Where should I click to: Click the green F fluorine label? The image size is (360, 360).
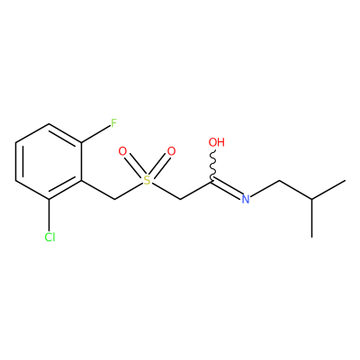point(113,123)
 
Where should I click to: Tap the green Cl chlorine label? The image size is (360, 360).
point(49,238)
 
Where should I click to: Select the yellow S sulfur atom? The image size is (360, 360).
point(147,180)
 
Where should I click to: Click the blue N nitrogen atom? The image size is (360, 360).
point(246,199)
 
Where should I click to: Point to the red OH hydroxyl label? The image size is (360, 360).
point(217,142)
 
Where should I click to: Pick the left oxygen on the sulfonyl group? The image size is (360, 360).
point(122,151)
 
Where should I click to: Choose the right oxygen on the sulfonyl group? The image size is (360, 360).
point(171,151)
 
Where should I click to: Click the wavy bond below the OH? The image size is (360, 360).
point(214,165)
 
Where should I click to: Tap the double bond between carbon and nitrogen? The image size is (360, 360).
point(227,188)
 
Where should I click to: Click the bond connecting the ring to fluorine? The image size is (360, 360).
point(95,134)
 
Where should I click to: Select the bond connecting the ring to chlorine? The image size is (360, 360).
point(49,215)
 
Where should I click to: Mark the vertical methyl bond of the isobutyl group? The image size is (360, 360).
point(312,218)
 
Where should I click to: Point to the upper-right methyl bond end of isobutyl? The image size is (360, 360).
point(345,180)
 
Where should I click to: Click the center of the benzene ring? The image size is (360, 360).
point(49,161)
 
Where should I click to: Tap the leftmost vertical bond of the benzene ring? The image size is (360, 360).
point(15,161)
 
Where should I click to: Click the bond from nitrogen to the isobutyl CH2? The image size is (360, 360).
point(265,189)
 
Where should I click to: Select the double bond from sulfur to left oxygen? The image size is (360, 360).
point(135,166)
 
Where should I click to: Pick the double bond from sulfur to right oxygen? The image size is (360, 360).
point(158,166)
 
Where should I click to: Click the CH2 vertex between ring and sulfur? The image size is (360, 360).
point(114,199)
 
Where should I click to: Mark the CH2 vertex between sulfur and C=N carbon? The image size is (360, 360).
point(179,199)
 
